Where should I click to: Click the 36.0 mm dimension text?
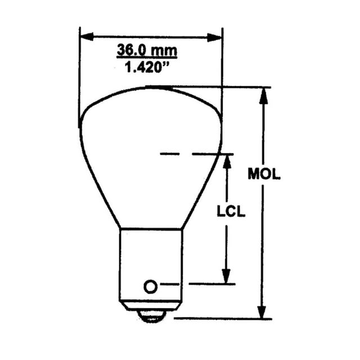coord(147,50)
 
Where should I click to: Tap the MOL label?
coord(264,174)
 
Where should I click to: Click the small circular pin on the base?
coord(150,286)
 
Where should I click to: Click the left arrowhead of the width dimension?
coord(85,37)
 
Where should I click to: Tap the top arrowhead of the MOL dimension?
coord(262,94)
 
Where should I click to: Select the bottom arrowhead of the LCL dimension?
coord(226,276)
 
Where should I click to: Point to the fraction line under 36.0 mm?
coord(147,58)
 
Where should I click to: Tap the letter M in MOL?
coord(253,174)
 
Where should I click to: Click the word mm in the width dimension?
coord(165,50)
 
